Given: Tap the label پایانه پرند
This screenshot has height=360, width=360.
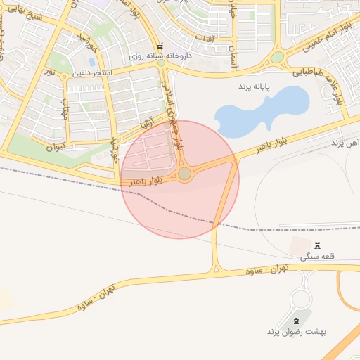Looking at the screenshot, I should click(252, 85).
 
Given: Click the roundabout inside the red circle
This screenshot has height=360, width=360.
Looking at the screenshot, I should click(184, 173).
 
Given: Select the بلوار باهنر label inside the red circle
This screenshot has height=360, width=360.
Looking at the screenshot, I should click(146, 181).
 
